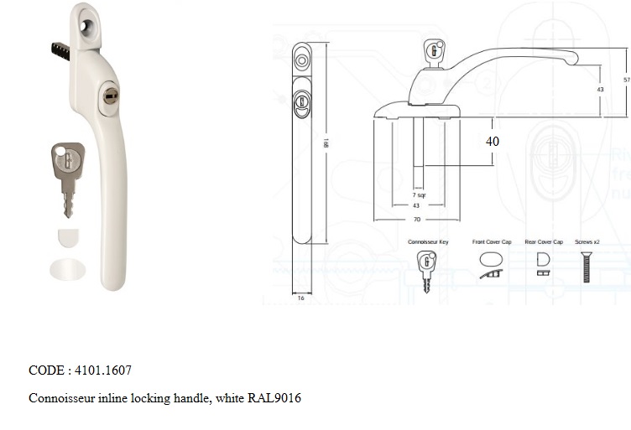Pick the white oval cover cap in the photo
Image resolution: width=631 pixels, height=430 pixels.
pyautogui.click(x=68, y=269)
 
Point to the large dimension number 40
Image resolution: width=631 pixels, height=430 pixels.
pyautogui.click(x=493, y=142)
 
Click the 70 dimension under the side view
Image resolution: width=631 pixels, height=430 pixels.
pyautogui.click(x=416, y=220)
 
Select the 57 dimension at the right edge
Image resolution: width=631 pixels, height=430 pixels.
pyautogui.click(x=626, y=80)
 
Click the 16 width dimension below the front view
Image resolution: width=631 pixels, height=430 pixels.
pyautogui.click(x=300, y=298)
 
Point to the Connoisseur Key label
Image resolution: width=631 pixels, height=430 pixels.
pyautogui.click(x=428, y=241)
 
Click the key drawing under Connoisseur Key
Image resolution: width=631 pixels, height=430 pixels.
pyautogui.click(x=427, y=270)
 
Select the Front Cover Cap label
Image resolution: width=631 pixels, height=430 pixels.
pyautogui.click(x=492, y=241)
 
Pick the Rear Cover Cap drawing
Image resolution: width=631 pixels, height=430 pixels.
pyautogui.click(x=544, y=262)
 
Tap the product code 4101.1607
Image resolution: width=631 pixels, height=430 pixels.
pyautogui.click(x=103, y=370)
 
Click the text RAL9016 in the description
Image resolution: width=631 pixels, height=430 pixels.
pyautogui.click(x=274, y=398)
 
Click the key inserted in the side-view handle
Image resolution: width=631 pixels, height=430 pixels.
pyautogui.click(x=433, y=51)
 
